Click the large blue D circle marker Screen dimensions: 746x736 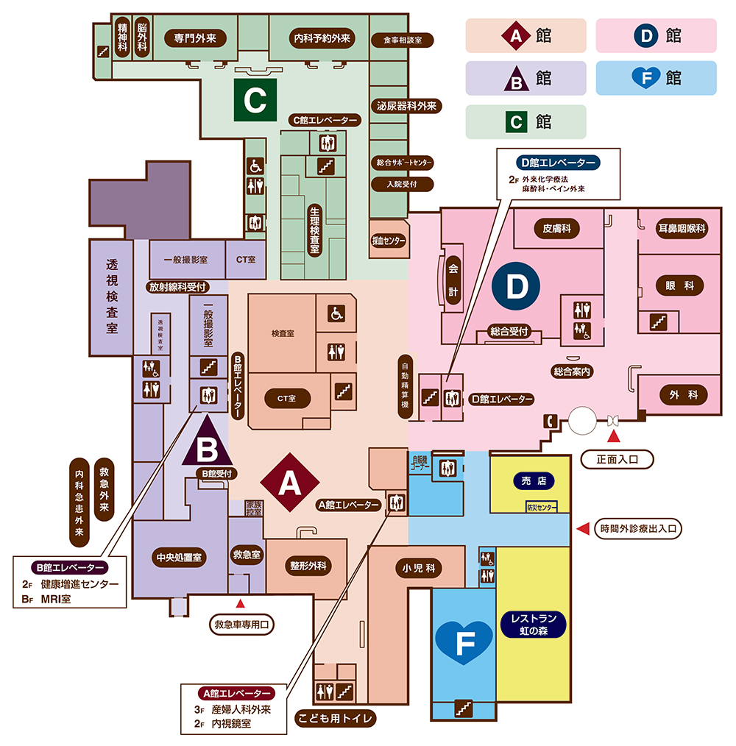coord(517,288)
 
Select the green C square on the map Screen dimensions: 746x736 coord(255,100)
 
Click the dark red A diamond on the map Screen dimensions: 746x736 coord(289,483)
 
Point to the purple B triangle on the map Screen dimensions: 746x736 coord(207,442)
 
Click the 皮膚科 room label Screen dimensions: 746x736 coord(557,229)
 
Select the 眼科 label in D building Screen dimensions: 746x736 coord(679,286)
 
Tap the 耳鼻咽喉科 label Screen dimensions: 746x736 coord(681,229)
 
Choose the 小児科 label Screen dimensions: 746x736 coord(418,568)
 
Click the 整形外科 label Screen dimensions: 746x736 coord(308,566)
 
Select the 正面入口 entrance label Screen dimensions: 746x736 coord(618,460)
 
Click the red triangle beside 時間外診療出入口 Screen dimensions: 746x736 coord(582,528)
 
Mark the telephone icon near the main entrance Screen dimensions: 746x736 coord(550,421)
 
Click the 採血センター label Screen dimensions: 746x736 coord(389,240)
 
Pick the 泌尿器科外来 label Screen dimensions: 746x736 coord(407,106)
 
